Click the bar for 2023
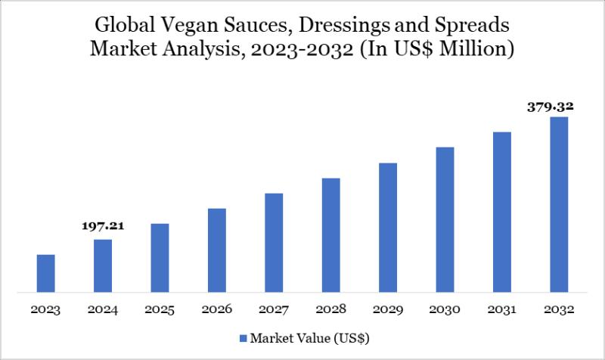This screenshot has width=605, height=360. click(46, 273)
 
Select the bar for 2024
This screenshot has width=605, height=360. click(103, 265)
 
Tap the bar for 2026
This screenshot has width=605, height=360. click(217, 250)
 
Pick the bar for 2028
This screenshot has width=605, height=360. click(330, 234)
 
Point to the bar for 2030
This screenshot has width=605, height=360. click(445, 219)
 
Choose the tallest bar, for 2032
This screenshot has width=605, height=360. click(559, 204)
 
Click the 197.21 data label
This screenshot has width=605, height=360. click(103, 226)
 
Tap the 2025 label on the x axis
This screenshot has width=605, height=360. click(160, 310)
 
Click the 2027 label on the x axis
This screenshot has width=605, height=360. click(274, 310)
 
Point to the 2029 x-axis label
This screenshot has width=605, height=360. click(388, 310)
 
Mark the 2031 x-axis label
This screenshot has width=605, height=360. click(502, 310)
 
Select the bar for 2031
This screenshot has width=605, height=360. click(502, 212)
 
